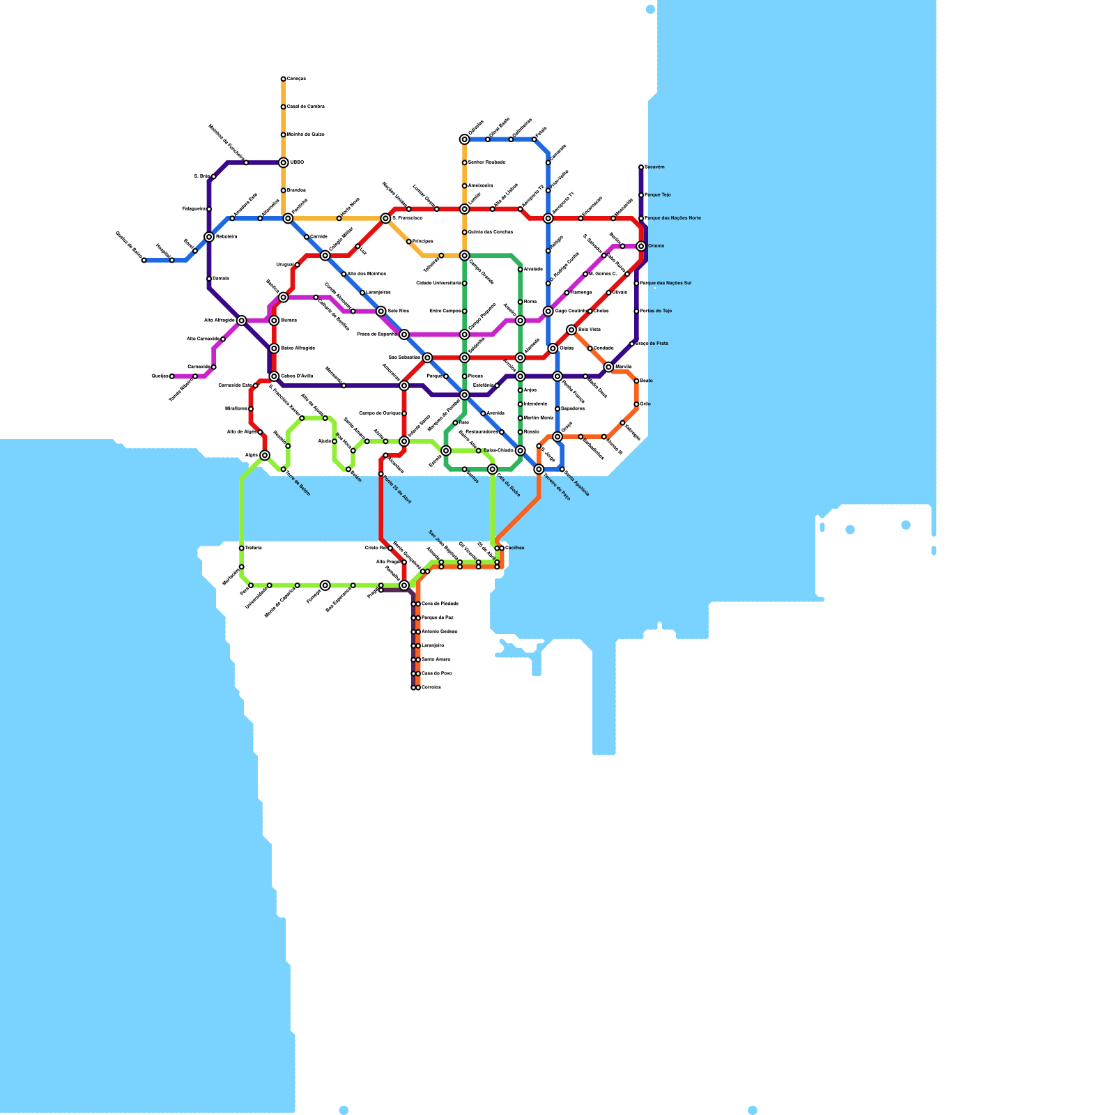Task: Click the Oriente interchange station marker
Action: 641,246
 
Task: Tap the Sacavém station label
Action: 655,167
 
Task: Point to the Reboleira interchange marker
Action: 209,237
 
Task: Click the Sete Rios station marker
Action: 381,311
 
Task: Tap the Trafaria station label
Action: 254,548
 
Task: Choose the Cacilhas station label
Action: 515,548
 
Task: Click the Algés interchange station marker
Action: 265,455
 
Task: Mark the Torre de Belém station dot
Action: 284,469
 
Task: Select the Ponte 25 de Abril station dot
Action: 381,474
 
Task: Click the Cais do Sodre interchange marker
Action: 493,469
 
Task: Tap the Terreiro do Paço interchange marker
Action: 539,469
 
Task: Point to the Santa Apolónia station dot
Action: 562,469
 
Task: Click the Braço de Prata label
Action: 652,344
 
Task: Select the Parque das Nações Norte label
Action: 673,218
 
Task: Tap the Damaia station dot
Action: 209,279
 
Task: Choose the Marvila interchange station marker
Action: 608,367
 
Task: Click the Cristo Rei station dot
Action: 390,548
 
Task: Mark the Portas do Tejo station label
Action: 656,311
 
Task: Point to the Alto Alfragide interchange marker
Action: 242,321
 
